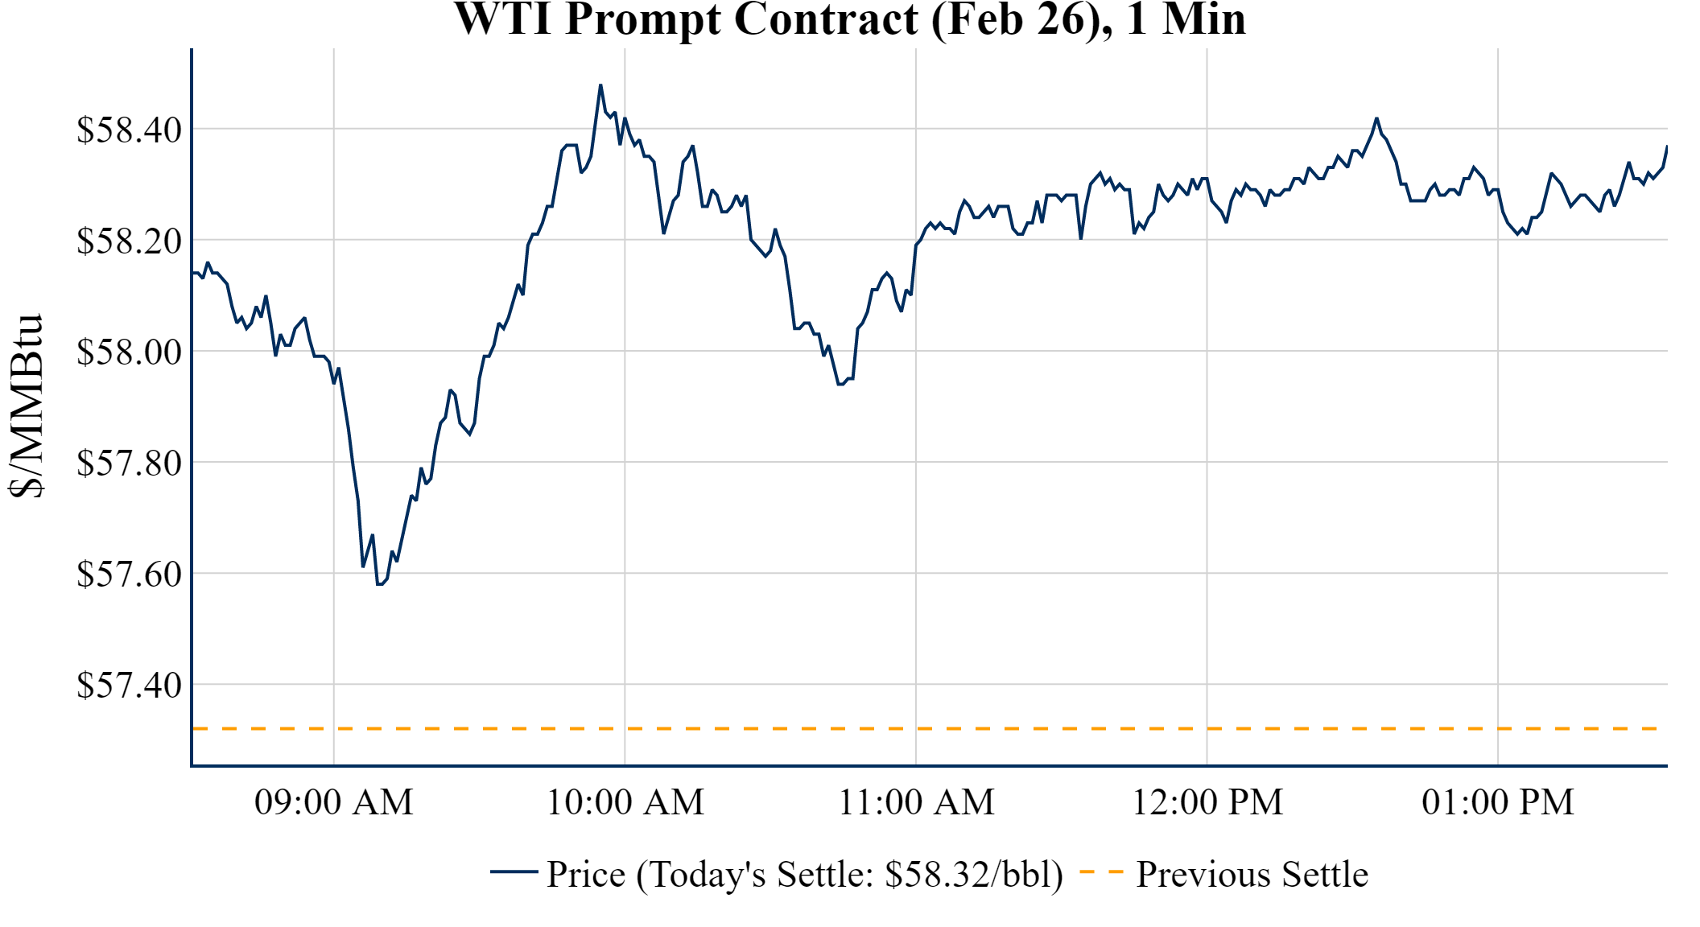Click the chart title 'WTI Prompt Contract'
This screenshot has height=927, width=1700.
click(850, 19)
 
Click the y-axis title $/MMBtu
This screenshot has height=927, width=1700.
click(26, 406)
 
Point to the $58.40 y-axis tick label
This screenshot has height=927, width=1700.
click(129, 130)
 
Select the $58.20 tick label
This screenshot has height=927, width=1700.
click(129, 241)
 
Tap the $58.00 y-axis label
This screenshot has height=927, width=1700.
click(129, 352)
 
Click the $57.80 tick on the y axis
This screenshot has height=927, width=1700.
click(129, 463)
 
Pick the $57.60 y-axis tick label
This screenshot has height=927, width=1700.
click(129, 574)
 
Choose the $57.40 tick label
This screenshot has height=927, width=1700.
click(129, 685)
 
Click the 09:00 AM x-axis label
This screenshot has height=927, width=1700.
click(334, 802)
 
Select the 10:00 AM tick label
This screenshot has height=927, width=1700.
click(625, 802)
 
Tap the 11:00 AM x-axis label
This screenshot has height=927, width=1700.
click(916, 802)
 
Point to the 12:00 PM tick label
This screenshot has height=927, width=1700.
click(1207, 802)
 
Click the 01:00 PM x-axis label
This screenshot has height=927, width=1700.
click(1498, 802)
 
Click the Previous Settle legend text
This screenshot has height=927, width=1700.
click(1252, 874)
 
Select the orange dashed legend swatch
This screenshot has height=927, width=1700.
click(1101, 871)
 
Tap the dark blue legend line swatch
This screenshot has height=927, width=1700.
click(514, 871)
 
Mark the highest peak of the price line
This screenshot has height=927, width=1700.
click(600, 85)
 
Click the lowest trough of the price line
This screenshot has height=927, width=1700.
click(379, 583)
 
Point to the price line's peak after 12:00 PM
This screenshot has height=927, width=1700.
click(1376, 119)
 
